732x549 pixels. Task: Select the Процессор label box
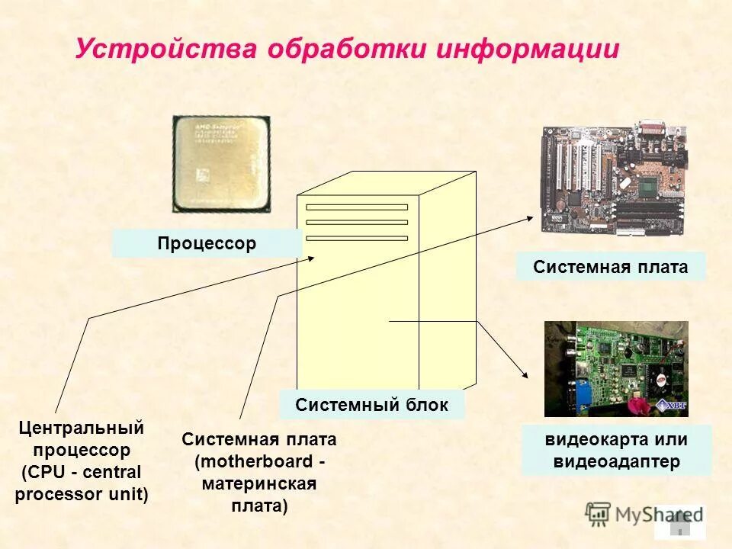click(207, 244)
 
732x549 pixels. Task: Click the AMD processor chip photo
click(221, 163)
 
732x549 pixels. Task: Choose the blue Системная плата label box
click(610, 267)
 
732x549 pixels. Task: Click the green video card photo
click(615, 368)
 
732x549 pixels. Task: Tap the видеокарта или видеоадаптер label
click(616, 451)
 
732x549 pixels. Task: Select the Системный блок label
click(371, 404)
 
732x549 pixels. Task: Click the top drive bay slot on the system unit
click(356, 207)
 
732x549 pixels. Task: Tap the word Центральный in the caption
click(81, 429)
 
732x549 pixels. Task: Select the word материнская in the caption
click(258, 484)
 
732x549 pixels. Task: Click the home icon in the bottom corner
click(680, 524)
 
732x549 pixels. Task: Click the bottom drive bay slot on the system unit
click(356, 238)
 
